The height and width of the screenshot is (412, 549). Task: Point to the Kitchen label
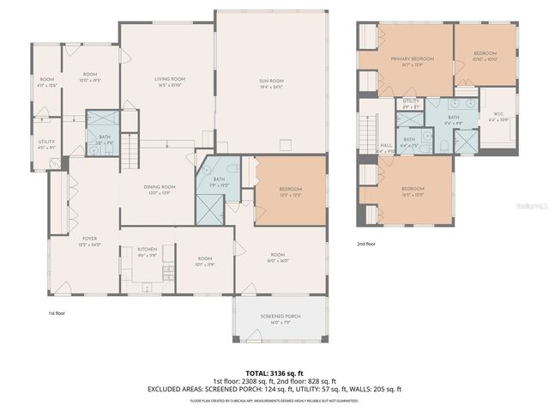148,251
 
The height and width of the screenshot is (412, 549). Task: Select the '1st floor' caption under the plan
57,313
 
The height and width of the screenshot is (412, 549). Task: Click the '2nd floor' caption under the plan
367,244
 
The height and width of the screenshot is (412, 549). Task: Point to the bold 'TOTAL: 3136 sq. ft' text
274,373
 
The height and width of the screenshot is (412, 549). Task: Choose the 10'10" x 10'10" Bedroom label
486,57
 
